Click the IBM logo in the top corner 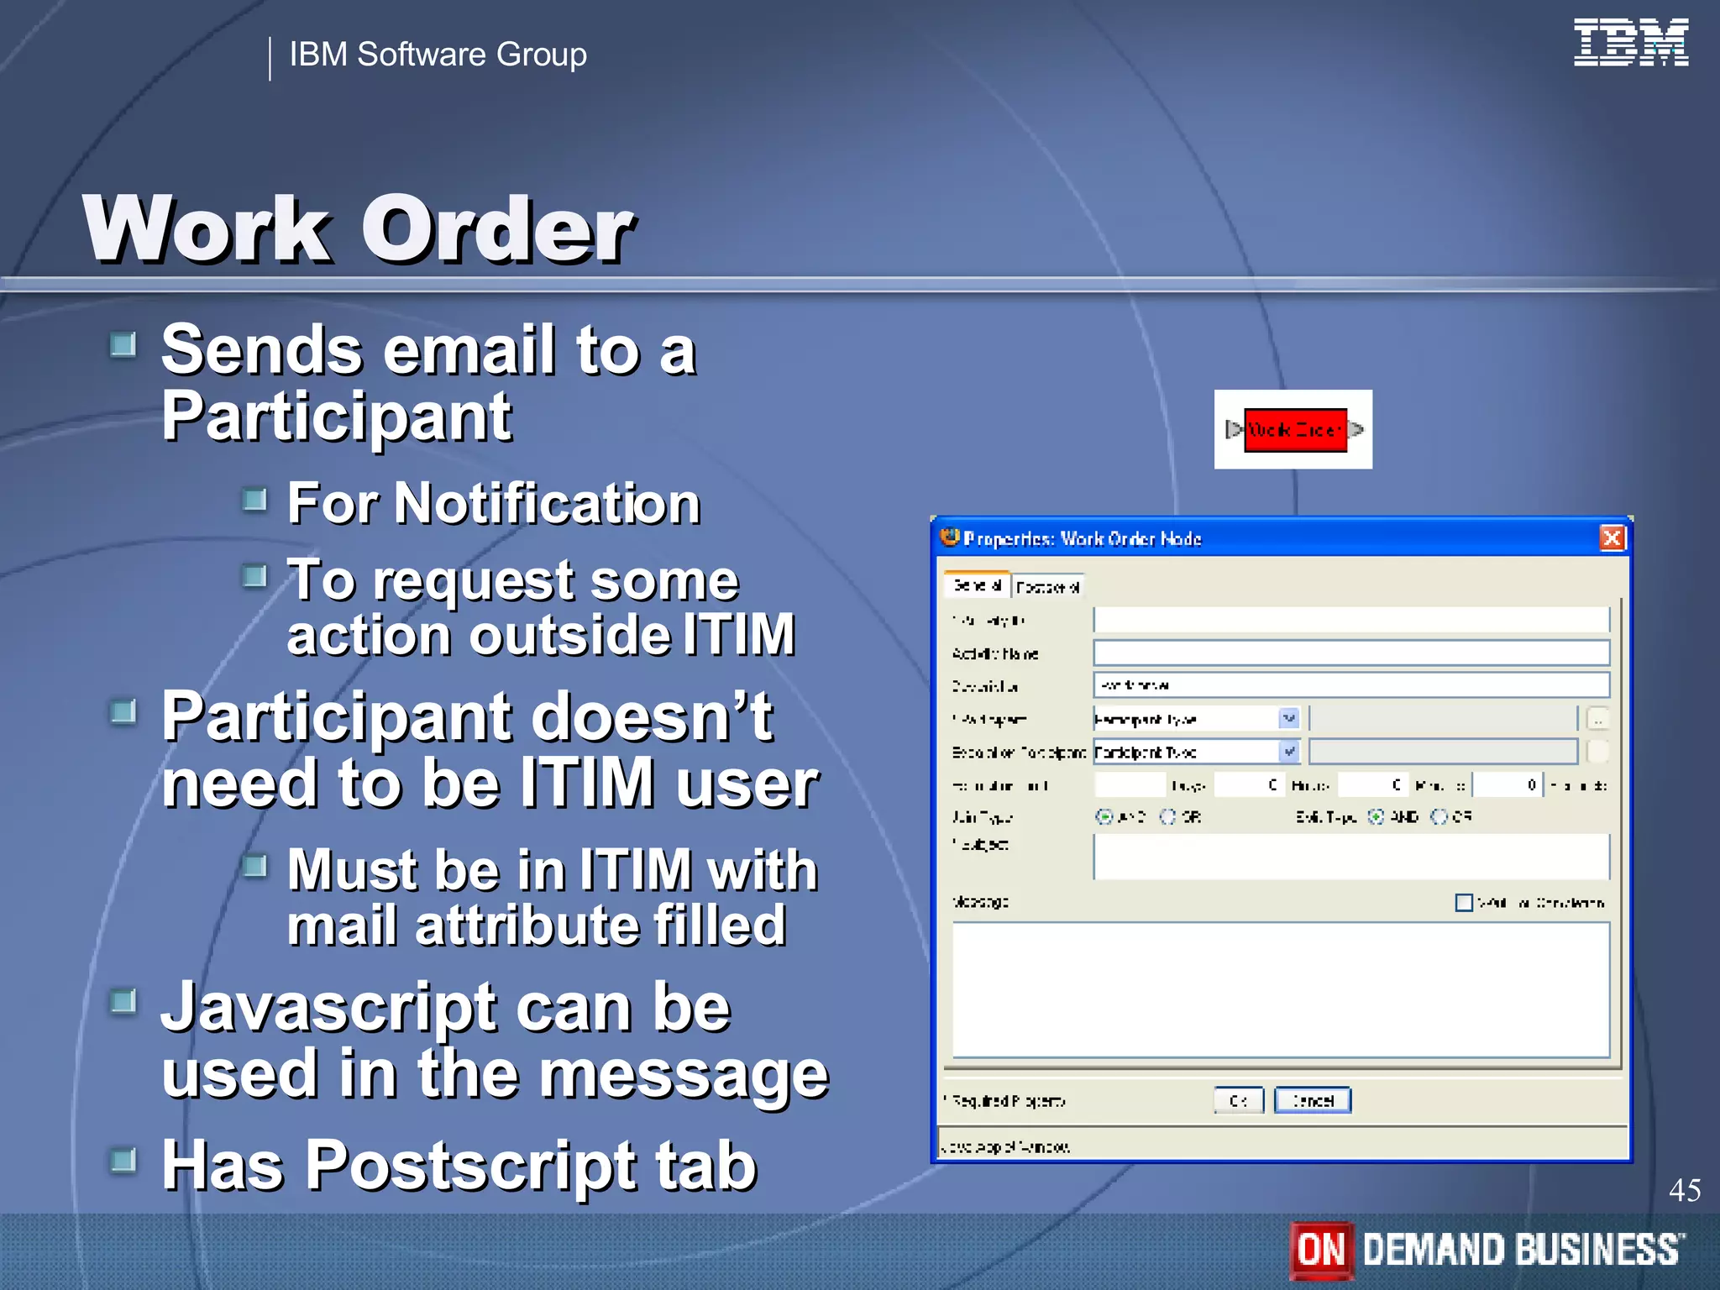click(x=1630, y=42)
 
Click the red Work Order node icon click(x=1294, y=430)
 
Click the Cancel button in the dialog click(x=1312, y=1100)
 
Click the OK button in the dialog click(x=1238, y=1100)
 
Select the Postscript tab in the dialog click(x=1047, y=586)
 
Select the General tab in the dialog click(x=977, y=585)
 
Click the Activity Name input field click(x=1350, y=653)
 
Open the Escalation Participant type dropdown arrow click(x=1289, y=751)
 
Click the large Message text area click(x=1280, y=989)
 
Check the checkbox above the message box click(x=1463, y=902)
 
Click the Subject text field click(x=1350, y=857)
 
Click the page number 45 click(x=1684, y=1190)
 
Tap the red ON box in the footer click(x=1321, y=1250)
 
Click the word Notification click(x=547, y=504)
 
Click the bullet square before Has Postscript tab click(x=123, y=1161)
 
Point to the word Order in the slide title click(x=497, y=229)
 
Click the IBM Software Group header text click(x=438, y=55)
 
